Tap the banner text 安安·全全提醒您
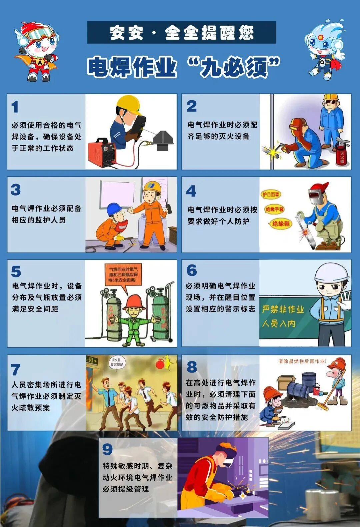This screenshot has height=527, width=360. pos(182,33)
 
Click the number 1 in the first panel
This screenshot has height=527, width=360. pos(15,107)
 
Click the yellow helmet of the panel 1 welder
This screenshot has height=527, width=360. pos(129,104)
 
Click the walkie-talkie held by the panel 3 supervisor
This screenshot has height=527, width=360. pos(169,209)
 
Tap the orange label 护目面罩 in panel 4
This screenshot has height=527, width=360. pos(270,195)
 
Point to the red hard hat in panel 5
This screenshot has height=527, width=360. pos(134,301)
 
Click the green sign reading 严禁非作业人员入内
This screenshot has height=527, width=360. pos(284,316)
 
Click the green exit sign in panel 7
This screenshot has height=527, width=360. pos(92,360)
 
